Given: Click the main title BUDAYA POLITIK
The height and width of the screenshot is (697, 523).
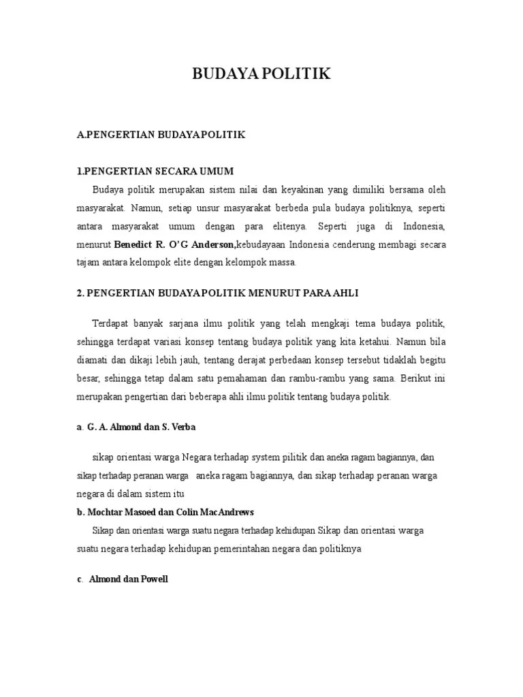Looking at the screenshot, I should click(x=261, y=74).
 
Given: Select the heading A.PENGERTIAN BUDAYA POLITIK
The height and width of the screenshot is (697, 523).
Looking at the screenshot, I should click(x=160, y=135).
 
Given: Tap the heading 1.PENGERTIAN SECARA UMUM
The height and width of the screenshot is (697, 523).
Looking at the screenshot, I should click(x=155, y=170).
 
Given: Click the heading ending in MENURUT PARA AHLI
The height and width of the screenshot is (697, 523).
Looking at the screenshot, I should click(x=217, y=293).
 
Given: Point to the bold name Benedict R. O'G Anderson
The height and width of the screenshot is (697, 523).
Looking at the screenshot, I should click(x=175, y=244).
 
